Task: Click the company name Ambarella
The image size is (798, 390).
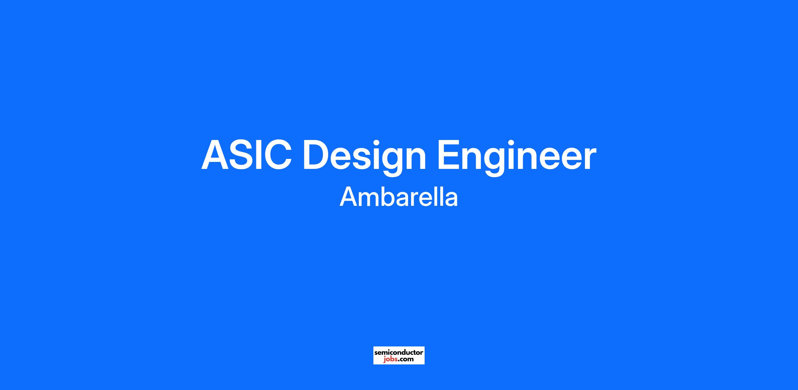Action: pos(399,196)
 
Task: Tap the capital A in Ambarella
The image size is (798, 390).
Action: pos(349,196)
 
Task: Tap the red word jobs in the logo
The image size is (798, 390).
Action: pos(390,360)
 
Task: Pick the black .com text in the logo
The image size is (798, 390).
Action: pos(405,359)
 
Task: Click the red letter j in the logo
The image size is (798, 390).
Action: pos(384,360)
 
